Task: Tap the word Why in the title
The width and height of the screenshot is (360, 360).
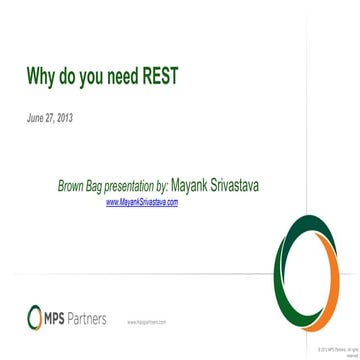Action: coord(41,78)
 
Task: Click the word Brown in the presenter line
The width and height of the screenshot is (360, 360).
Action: coord(72,186)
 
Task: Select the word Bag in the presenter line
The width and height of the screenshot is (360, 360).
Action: coord(96,186)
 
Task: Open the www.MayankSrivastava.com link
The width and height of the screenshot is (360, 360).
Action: coord(142,202)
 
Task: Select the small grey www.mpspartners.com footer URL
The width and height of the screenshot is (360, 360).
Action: coord(146,323)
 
